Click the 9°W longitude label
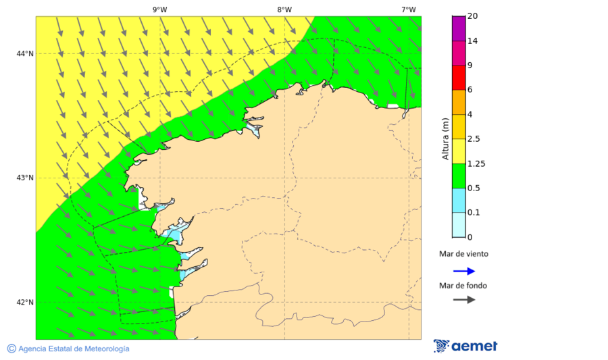159,9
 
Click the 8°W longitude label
284,9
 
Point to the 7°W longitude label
408,9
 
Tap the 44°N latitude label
25,53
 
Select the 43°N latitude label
25,178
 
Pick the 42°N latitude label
25,302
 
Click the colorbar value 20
472,16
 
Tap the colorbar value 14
472,41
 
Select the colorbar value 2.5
474,139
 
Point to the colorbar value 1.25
476,163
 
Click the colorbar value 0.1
474,213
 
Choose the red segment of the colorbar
459,78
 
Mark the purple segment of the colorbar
459,28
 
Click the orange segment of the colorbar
459,102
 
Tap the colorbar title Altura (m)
445,139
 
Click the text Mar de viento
463,255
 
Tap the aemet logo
465,346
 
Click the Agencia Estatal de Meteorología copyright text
68,349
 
